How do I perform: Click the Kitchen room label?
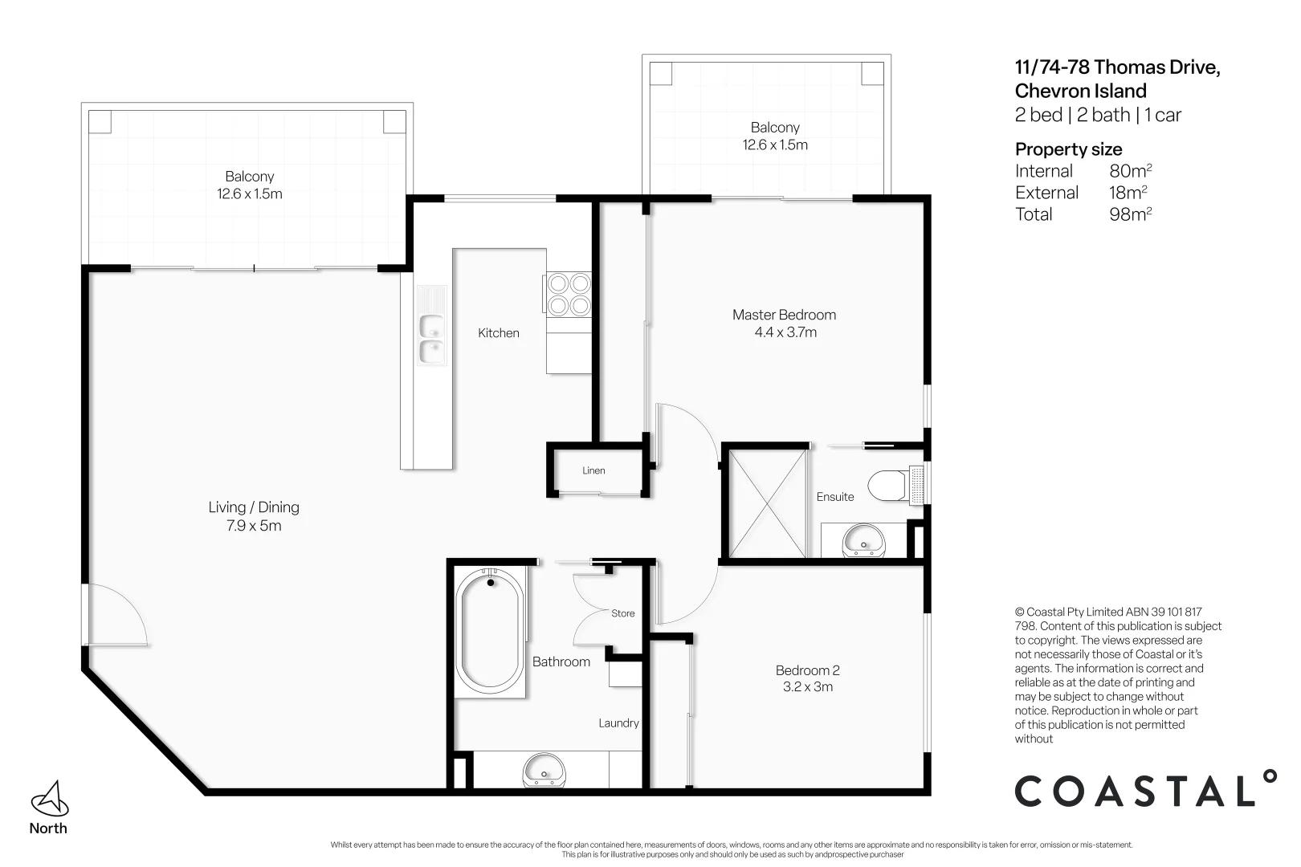coord(499,332)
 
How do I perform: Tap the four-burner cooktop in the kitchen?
coord(569,295)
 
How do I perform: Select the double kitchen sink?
coord(431,339)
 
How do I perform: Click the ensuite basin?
coord(863,540)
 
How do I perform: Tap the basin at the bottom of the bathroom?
coord(544,771)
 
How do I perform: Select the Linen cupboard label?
coord(593,470)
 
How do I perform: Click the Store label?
coord(622,613)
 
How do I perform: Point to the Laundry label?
coord(618,723)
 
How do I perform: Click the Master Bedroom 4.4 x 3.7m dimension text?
coord(785,332)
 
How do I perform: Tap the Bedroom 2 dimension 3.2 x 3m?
coord(808,686)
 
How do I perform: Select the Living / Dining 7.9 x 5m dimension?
coord(254,526)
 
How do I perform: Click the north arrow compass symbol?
coord(50,799)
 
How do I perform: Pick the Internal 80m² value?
coord(1130,171)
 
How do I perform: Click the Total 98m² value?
coord(1130,214)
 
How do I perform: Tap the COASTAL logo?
coord(1145,788)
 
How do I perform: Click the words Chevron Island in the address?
coord(1080,92)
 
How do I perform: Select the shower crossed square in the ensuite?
coord(767,503)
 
